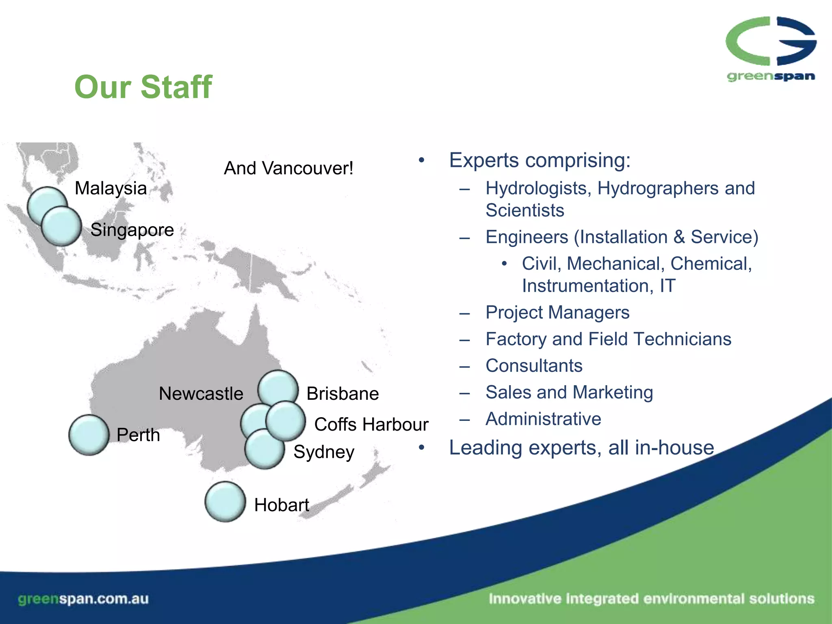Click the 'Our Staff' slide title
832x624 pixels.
pyautogui.click(x=143, y=87)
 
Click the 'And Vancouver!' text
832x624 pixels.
pyautogui.click(x=288, y=168)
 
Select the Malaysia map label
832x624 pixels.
pyautogui.click(x=110, y=188)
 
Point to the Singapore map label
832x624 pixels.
pyautogui.click(x=132, y=230)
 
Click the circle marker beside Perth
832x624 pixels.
pyautogui.click(x=89, y=435)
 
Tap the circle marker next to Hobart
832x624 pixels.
pyautogui.click(x=225, y=502)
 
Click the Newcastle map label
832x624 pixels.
pyautogui.click(x=201, y=394)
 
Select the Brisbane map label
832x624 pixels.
pyautogui.click(x=342, y=394)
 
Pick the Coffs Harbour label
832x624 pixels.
pyautogui.click(x=371, y=425)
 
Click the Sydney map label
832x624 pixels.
pyautogui.click(x=324, y=452)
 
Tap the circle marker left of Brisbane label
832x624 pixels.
pyautogui.click(x=278, y=389)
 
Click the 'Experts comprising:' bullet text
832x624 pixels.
pyautogui.click(x=539, y=160)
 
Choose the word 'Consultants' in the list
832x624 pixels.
pyautogui.click(x=534, y=366)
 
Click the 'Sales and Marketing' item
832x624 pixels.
pyautogui.click(x=569, y=392)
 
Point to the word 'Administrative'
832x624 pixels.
pyautogui.click(x=543, y=419)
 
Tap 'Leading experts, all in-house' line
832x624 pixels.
pyautogui.click(x=581, y=448)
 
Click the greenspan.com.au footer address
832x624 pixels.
pyautogui.click(x=83, y=599)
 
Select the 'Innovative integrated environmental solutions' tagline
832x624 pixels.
pyautogui.click(x=651, y=599)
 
